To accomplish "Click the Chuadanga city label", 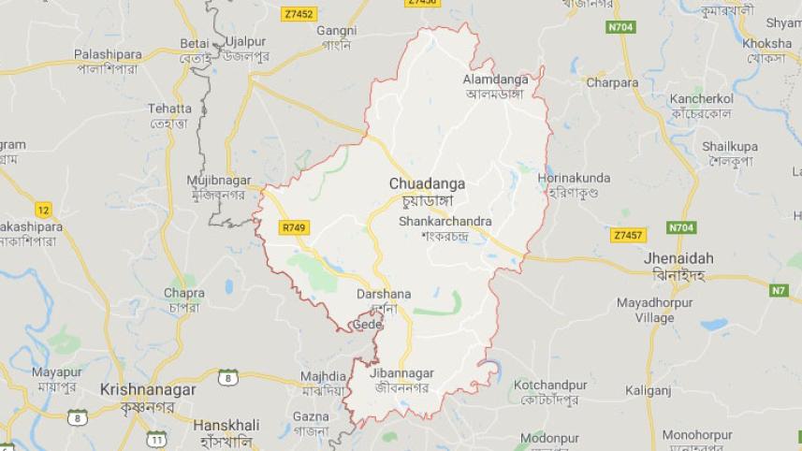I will click(x=427, y=184).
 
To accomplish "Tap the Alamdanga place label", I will click(x=495, y=80).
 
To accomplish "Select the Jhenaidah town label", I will click(x=678, y=257).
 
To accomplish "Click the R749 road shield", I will click(x=293, y=227).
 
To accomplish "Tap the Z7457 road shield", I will click(x=626, y=235).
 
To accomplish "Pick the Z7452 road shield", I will click(x=299, y=14).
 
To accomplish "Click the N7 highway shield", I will click(x=779, y=290).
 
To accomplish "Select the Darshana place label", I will click(x=383, y=295).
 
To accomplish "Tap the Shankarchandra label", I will click(x=445, y=222).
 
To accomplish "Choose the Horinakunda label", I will click(x=574, y=178).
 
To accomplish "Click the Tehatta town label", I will click(x=169, y=109).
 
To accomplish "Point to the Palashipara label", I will click(x=108, y=55).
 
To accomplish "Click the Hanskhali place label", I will click(x=226, y=425).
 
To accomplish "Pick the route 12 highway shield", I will click(x=43, y=210).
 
